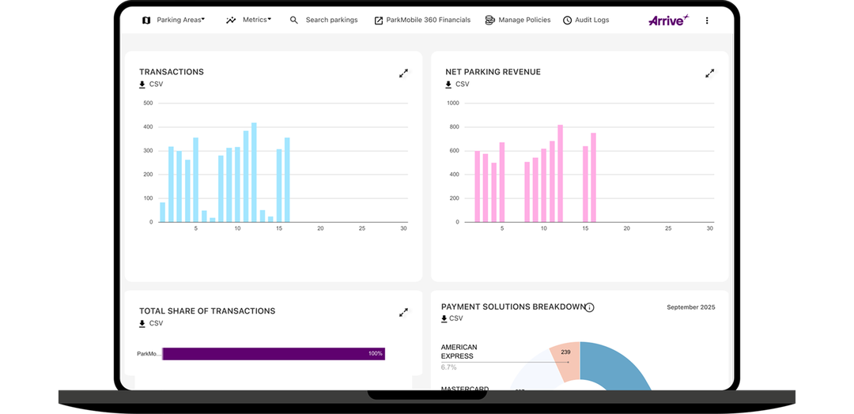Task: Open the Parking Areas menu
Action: pyautogui.click(x=174, y=20)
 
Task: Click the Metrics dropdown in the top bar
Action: pyautogui.click(x=249, y=20)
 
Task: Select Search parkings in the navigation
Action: pyautogui.click(x=324, y=20)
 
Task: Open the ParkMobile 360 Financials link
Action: pyautogui.click(x=422, y=20)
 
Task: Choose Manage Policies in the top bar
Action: pyautogui.click(x=518, y=20)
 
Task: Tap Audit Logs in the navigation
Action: pyautogui.click(x=586, y=20)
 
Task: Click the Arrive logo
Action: pyautogui.click(x=667, y=20)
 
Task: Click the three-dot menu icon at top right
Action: pyautogui.click(x=707, y=21)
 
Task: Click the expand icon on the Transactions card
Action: pyautogui.click(x=403, y=73)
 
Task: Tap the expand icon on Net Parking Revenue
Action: pyautogui.click(x=709, y=73)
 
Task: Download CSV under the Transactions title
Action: pyautogui.click(x=151, y=85)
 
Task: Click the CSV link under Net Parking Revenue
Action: pyautogui.click(x=457, y=85)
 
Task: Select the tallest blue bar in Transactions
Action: pyautogui.click(x=254, y=172)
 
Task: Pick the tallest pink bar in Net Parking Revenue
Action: pyautogui.click(x=560, y=173)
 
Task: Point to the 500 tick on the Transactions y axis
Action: pyautogui.click(x=148, y=103)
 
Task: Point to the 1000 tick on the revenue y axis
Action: pyautogui.click(x=452, y=103)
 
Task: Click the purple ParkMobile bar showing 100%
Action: pyautogui.click(x=273, y=354)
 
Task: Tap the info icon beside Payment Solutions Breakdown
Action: pyautogui.click(x=590, y=307)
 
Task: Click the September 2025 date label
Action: pyautogui.click(x=690, y=307)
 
